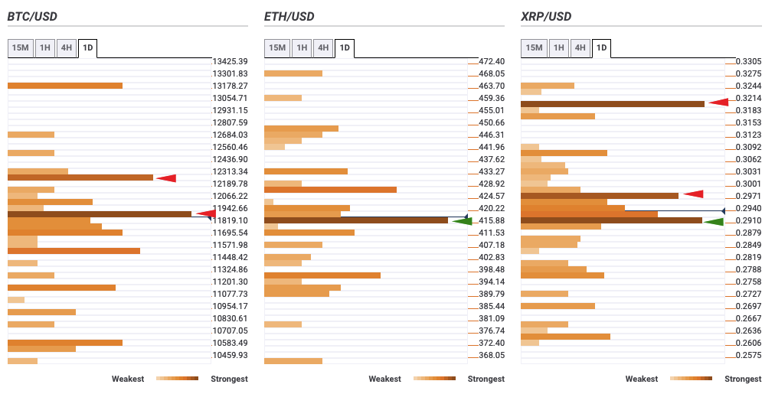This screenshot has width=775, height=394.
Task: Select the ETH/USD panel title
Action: pos(289,16)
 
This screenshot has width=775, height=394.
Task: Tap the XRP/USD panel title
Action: pos(545,16)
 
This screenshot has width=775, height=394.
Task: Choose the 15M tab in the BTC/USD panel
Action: pos(19,48)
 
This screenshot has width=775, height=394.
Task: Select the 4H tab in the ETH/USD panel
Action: pos(323,48)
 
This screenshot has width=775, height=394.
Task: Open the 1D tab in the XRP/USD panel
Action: pos(601,48)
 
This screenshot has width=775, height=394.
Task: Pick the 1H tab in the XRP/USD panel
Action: pos(559,48)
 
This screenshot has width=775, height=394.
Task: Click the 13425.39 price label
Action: pos(230,61)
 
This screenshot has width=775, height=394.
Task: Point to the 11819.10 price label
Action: pos(230,220)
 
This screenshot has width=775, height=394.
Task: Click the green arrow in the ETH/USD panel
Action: pos(463,221)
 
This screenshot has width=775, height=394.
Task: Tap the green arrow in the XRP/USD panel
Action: pos(714,222)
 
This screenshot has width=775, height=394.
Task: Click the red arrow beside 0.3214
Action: pos(718,102)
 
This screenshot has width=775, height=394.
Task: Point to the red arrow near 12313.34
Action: pos(166,178)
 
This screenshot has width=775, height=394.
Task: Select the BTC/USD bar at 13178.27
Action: pos(65,86)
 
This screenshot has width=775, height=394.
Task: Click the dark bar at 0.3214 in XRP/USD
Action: pos(612,103)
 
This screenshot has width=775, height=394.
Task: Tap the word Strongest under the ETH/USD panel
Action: pos(486,379)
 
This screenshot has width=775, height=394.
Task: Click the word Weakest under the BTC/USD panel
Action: pos(128,379)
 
